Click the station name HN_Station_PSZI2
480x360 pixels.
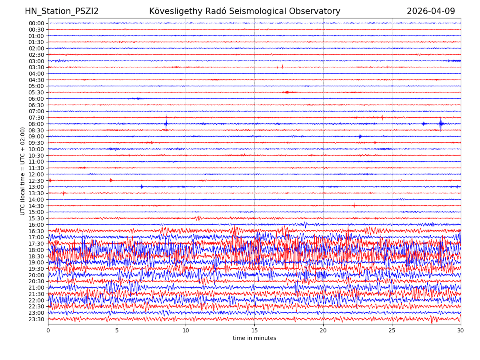pos(62,12)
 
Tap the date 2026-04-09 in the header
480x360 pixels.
pos(431,12)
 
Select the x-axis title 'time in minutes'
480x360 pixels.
pos(254,338)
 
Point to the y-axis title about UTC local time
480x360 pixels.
pos(23,171)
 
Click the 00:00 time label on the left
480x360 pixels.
pos(36,23)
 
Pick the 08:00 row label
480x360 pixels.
pos(36,124)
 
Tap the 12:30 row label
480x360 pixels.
pos(36,181)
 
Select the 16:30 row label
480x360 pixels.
pos(36,231)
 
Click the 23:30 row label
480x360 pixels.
pos(36,319)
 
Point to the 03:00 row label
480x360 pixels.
pos(36,61)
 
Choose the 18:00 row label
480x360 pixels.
pos(36,250)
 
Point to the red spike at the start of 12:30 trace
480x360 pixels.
pos(50,180)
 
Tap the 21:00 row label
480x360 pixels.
pos(36,288)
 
